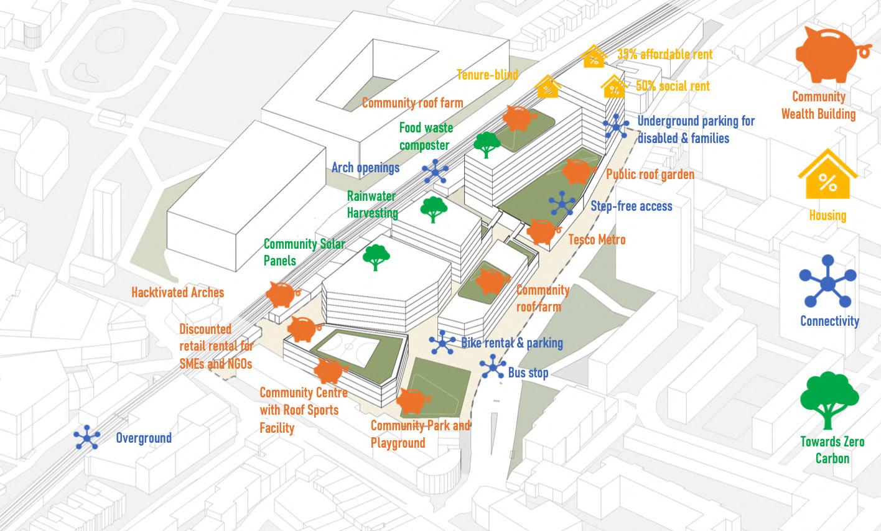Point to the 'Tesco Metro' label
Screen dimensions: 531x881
pos(597,239)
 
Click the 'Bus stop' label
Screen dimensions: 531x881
pos(528,373)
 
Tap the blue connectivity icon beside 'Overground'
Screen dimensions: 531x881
pos(87,437)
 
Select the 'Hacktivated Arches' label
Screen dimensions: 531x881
pos(177,292)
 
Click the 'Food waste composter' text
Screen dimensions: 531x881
pos(426,136)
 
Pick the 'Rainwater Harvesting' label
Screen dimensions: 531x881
pos(372,204)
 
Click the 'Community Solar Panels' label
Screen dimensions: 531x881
pos(304,252)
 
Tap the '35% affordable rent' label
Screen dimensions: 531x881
pos(664,55)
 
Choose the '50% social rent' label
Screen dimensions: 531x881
pos(673,86)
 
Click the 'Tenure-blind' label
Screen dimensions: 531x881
pos(487,75)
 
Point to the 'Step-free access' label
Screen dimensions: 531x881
pos(632,206)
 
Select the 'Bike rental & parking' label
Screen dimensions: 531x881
pos(511,343)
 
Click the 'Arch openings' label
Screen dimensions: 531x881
pos(365,167)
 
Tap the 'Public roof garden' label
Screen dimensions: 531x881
pos(650,174)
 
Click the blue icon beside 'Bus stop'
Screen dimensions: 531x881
pos(493,367)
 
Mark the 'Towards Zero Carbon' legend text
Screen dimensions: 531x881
pos(832,450)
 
